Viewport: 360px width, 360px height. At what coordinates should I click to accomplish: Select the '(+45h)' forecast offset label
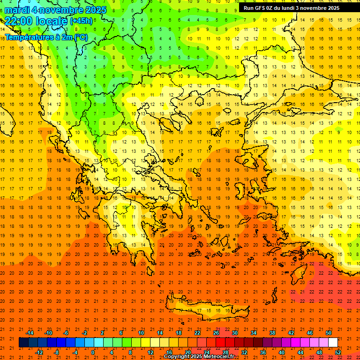81,21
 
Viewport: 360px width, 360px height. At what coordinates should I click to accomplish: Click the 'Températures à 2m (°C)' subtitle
46,37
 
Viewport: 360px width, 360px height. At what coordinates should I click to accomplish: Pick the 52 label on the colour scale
338,352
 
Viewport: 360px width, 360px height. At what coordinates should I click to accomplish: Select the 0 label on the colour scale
93,352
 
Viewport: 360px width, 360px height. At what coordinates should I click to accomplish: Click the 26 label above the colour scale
216,333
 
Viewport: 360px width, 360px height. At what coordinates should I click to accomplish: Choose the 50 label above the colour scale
329,333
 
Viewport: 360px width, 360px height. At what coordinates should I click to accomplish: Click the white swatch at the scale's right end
333,343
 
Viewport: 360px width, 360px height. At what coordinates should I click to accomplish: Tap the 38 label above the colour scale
272,333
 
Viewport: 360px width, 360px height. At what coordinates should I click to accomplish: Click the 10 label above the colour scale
141,333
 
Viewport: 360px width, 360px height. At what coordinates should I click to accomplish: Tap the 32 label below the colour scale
244,352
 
